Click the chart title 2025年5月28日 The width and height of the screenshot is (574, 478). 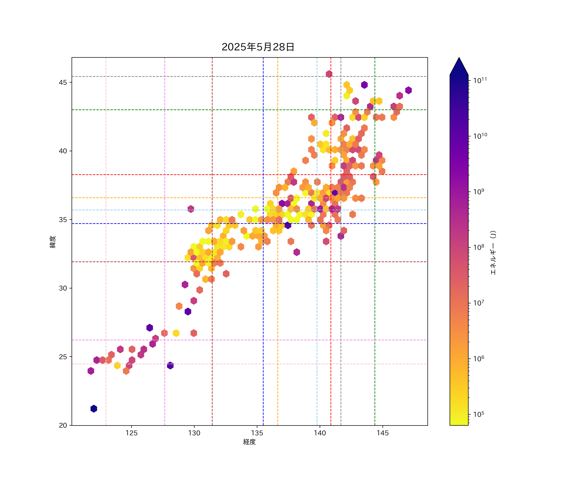pos(258,47)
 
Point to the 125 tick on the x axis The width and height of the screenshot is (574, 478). pos(132,433)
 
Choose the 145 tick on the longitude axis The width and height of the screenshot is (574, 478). pos(382,433)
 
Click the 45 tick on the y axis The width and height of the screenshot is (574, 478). pos(63,83)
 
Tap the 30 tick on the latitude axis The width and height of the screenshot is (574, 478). pos(63,288)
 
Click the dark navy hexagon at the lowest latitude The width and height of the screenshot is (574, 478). pos(94,409)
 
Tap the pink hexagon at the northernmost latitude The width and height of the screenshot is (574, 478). pos(329,74)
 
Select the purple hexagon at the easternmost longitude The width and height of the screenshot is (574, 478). pos(408,90)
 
